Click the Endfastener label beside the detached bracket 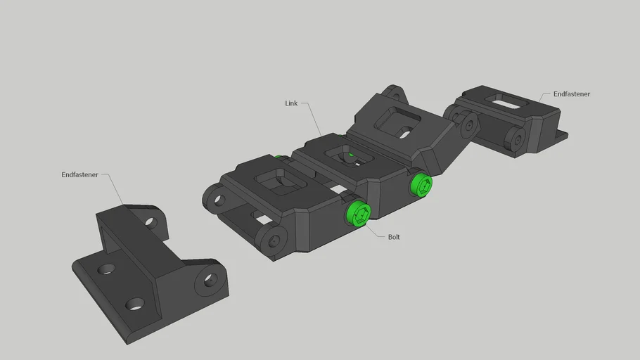(x=79, y=174)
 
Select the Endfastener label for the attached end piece (x=571, y=94)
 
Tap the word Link (x=291, y=103)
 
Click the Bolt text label (x=394, y=237)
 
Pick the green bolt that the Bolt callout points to (x=359, y=214)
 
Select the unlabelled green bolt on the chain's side (x=421, y=186)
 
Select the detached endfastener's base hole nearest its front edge (x=135, y=304)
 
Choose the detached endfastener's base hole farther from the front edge (x=106, y=269)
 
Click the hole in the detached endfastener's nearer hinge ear (x=210, y=280)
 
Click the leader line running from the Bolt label (x=376, y=231)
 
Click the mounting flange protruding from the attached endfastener (x=561, y=135)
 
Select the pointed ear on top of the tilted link (x=394, y=93)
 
